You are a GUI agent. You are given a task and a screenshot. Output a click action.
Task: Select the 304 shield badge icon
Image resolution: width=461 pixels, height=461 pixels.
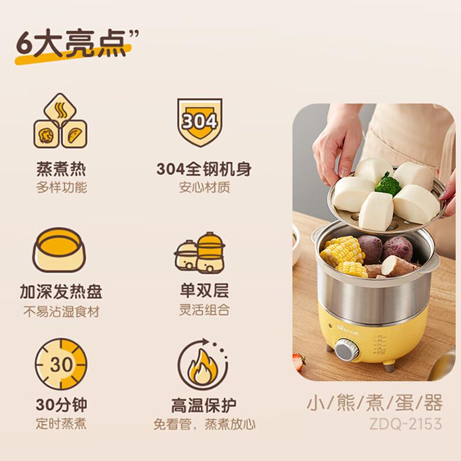pyautogui.click(x=199, y=122)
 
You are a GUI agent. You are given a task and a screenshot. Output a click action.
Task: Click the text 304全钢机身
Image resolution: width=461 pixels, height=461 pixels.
pyautogui.click(x=203, y=169)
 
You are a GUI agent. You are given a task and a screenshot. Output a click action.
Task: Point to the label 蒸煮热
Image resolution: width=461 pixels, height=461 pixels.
pyautogui.click(x=61, y=169)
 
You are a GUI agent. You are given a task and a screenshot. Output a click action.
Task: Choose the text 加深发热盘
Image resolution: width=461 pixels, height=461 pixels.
pyautogui.click(x=61, y=292)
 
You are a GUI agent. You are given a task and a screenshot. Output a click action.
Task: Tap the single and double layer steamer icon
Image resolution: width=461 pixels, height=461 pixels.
pyautogui.click(x=200, y=252)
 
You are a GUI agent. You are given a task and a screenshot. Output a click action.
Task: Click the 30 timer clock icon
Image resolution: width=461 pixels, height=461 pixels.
pyautogui.click(x=61, y=365)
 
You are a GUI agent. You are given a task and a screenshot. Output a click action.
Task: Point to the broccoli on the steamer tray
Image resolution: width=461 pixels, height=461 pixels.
pyautogui.click(x=387, y=184)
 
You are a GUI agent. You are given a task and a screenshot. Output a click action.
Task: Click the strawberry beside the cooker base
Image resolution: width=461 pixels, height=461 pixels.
pyautogui.click(x=298, y=361)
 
